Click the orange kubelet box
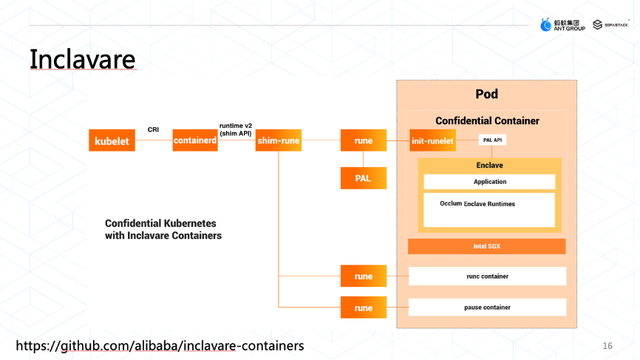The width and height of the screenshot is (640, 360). point(112,140)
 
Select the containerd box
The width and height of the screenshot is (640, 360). point(195,140)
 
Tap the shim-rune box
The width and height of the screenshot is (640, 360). point(279,140)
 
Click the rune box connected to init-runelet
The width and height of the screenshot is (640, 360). point(363,140)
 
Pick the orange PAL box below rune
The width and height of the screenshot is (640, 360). point(363,177)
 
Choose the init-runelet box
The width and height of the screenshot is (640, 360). point(432,140)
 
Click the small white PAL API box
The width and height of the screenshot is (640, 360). point(493,140)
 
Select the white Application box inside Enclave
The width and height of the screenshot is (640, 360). point(489,182)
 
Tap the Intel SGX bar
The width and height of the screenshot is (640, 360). point(486,246)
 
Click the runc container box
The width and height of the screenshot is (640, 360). point(487,276)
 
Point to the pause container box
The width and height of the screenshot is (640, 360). point(487,308)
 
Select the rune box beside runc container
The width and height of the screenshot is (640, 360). point(363,276)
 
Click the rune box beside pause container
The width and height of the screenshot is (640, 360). point(363,308)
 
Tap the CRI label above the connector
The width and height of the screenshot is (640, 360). point(153,129)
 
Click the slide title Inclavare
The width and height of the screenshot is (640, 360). point(82,58)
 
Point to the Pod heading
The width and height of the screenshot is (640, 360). point(486,94)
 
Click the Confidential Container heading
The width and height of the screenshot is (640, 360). point(487,120)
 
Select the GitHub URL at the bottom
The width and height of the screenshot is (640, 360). point(160,346)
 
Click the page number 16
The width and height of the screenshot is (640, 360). point(607,346)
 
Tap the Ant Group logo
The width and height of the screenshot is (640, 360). point(563,25)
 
